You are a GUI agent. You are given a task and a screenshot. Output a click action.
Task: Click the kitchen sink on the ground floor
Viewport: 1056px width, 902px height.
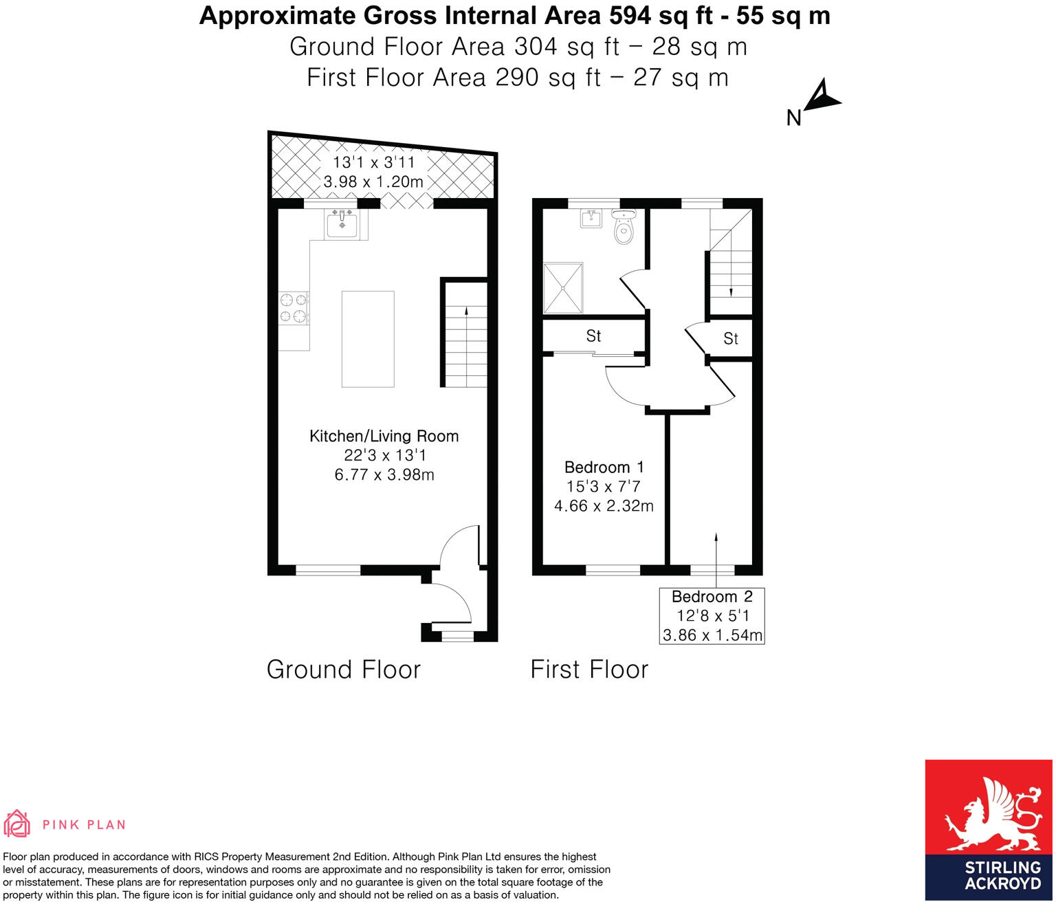pyautogui.click(x=342, y=223)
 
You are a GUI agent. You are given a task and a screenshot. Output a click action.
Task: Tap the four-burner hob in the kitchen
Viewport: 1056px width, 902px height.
pyautogui.click(x=294, y=308)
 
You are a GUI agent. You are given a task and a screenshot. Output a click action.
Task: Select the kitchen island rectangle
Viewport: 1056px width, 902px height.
pyautogui.click(x=368, y=339)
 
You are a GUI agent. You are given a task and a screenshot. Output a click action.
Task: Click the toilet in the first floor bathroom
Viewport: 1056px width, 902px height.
pyautogui.click(x=624, y=228)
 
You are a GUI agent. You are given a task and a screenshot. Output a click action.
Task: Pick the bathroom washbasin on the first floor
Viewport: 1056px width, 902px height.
pyautogui.click(x=591, y=219)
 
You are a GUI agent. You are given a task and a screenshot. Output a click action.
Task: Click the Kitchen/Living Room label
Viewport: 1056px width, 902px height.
pyautogui.click(x=384, y=436)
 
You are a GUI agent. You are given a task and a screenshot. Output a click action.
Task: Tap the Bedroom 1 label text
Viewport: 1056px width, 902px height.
pyautogui.click(x=604, y=467)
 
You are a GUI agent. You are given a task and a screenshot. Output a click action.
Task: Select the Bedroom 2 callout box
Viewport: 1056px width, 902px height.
pyautogui.click(x=712, y=616)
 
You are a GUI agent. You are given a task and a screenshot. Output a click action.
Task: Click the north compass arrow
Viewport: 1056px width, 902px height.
pyautogui.click(x=822, y=96)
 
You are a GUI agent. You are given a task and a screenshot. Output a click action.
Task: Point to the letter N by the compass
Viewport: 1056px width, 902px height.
pyautogui.click(x=793, y=118)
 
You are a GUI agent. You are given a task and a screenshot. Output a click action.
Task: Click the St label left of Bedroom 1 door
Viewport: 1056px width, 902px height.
pyautogui.click(x=593, y=336)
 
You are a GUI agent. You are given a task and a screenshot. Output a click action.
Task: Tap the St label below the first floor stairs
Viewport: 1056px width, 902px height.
pyautogui.click(x=730, y=338)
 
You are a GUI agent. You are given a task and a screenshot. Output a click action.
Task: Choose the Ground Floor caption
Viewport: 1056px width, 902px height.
pyautogui.click(x=343, y=670)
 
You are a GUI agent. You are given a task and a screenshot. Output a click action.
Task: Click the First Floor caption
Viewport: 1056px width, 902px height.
pyautogui.click(x=589, y=670)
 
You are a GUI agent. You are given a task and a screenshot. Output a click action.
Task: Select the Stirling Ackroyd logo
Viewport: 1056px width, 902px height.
pyautogui.click(x=988, y=829)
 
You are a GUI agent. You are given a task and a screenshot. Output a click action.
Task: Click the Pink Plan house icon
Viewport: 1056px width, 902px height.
pyautogui.click(x=17, y=824)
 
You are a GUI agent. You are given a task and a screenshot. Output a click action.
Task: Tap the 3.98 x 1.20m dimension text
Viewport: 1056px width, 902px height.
pyautogui.click(x=373, y=182)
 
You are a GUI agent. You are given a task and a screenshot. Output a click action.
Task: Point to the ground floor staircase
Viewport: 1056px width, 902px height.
pyautogui.click(x=465, y=344)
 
